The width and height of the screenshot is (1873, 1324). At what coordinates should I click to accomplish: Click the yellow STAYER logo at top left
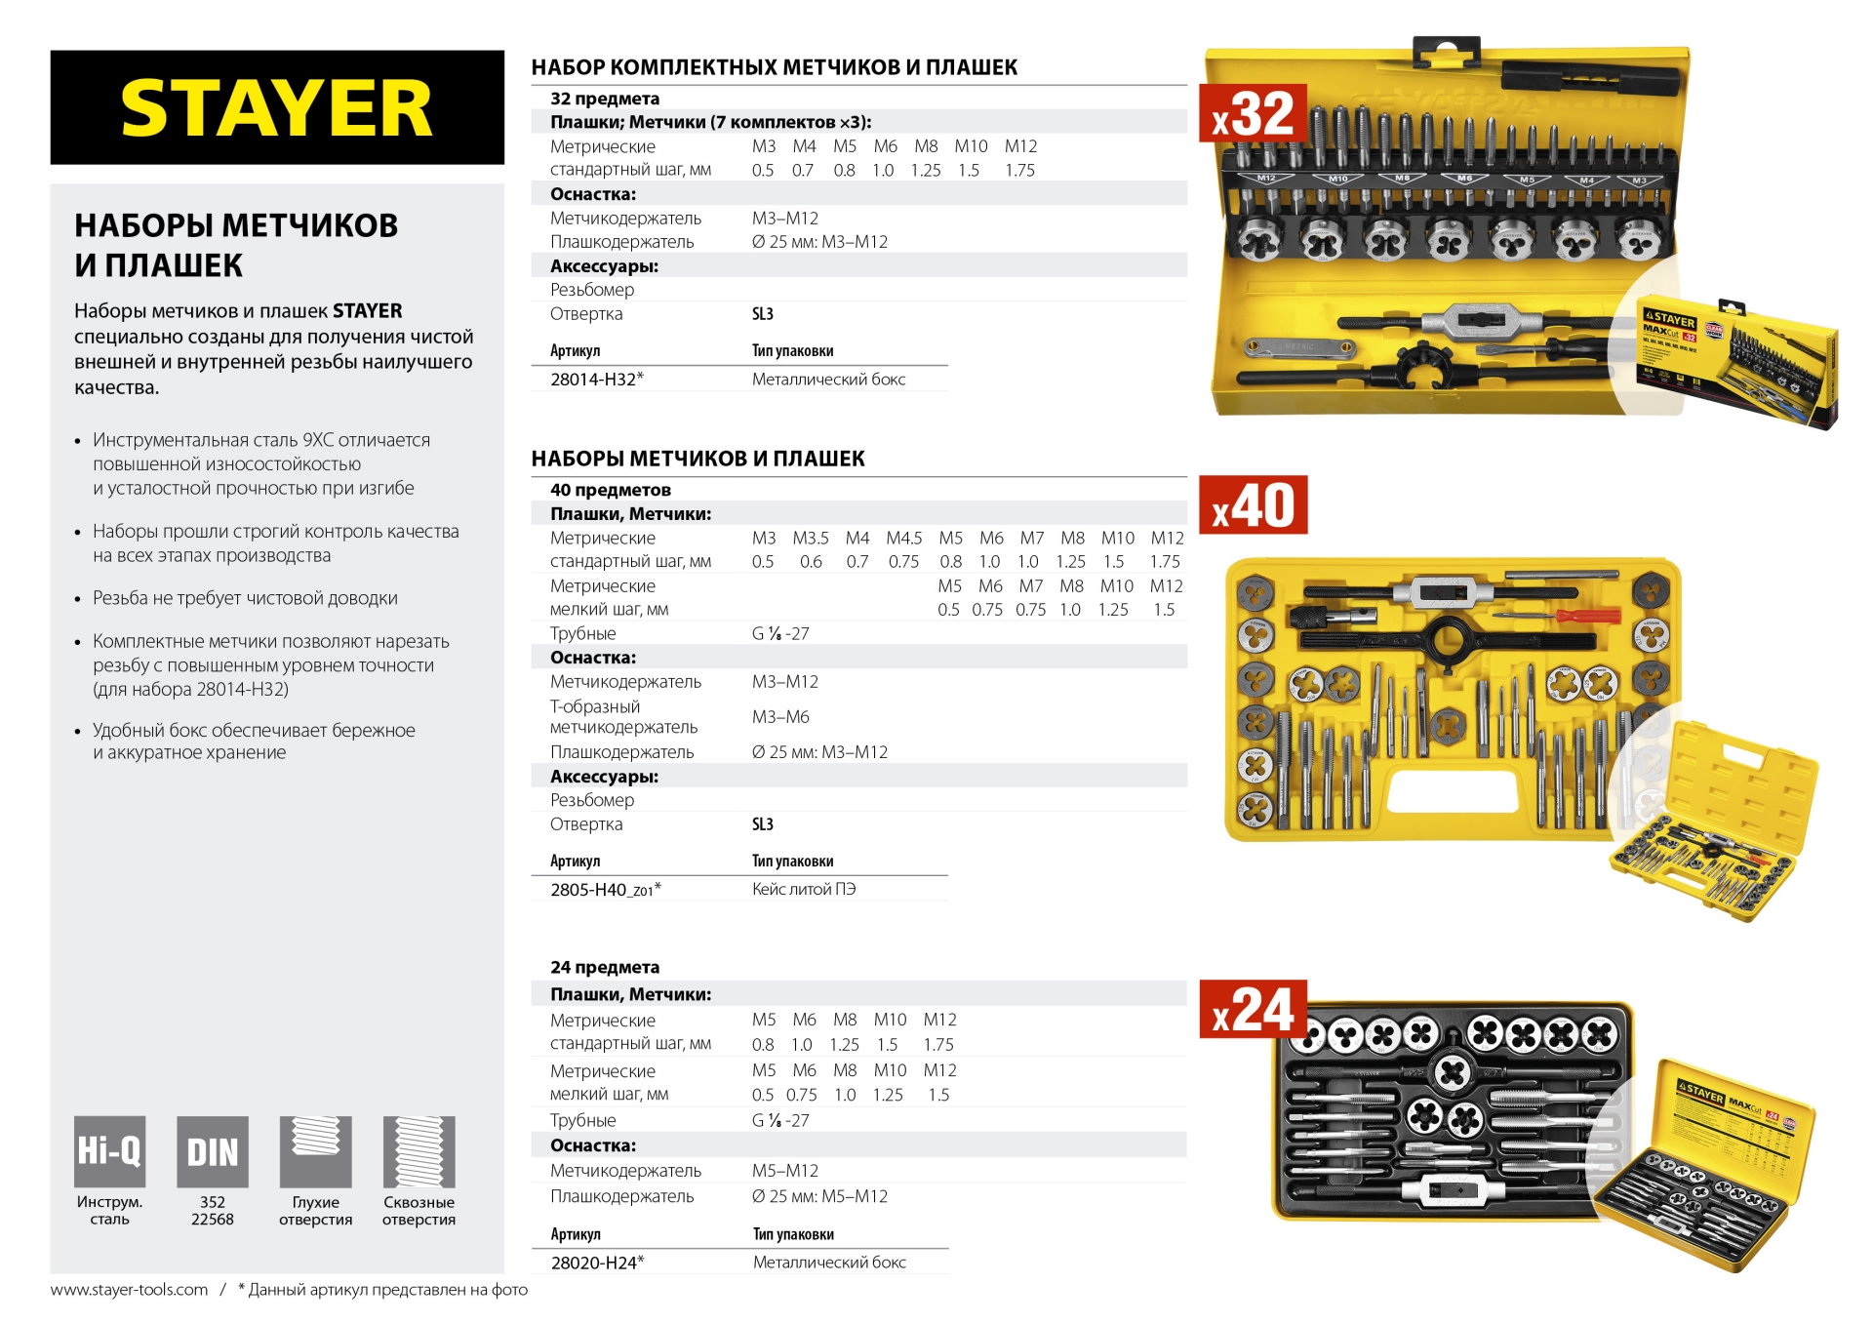point(276,108)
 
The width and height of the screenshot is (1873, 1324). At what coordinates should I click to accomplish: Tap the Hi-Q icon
point(109,1151)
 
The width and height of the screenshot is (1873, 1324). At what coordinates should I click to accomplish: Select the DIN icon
point(212,1151)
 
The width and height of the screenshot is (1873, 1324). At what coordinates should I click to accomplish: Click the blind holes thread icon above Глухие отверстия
point(315,1151)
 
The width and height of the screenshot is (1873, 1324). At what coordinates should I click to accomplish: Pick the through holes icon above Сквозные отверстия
point(418,1151)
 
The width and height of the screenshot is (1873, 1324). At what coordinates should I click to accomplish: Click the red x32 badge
point(1253,114)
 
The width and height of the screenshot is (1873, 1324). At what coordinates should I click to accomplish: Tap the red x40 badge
point(1253,505)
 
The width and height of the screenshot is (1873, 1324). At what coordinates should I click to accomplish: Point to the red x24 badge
point(1253,1010)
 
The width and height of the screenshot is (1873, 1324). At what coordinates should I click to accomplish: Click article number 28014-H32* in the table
point(596,380)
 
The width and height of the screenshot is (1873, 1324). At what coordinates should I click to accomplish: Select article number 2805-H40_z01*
point(605,890)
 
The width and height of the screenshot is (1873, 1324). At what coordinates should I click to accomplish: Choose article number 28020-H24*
point(596,1263)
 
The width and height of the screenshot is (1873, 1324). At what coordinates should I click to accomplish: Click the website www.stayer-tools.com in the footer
point(129,1290)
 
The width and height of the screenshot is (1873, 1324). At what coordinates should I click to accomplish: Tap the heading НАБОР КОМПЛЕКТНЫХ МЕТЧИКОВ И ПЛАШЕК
point(774,67)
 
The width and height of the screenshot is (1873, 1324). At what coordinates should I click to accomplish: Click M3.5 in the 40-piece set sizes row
point(810,539)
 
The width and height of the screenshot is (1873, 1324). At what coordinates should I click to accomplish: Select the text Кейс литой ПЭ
point(803,890)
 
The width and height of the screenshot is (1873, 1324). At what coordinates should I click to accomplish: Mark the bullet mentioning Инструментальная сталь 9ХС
point(261,464)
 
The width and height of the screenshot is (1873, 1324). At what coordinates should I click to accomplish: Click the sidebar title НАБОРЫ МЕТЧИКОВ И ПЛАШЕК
point(236,245)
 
